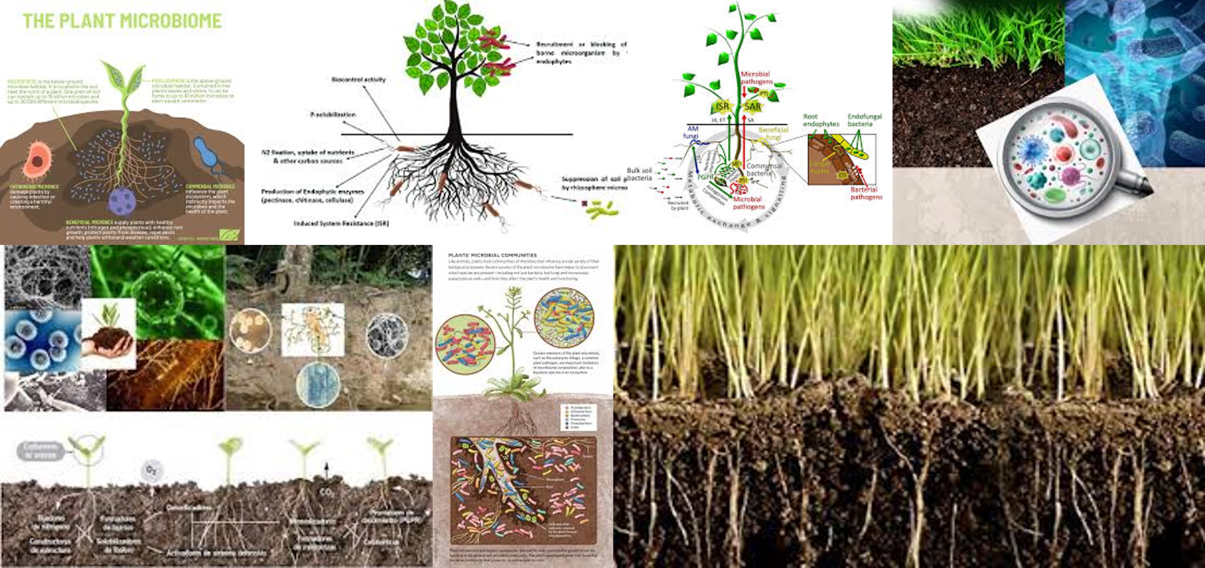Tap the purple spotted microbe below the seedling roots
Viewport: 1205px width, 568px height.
point(122,200)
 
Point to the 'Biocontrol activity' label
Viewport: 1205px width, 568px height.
point(358,79)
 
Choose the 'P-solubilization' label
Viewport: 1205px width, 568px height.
point(333,114)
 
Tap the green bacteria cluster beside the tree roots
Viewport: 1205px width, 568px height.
point(602,209)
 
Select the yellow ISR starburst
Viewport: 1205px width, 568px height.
point(722,107)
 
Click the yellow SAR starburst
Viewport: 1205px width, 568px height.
point(752,106)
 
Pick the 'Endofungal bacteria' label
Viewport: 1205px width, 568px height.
point(864,120)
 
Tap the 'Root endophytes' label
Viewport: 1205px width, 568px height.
point(821,120)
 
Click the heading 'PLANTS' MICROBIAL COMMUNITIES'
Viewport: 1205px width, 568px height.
point(492,255)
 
